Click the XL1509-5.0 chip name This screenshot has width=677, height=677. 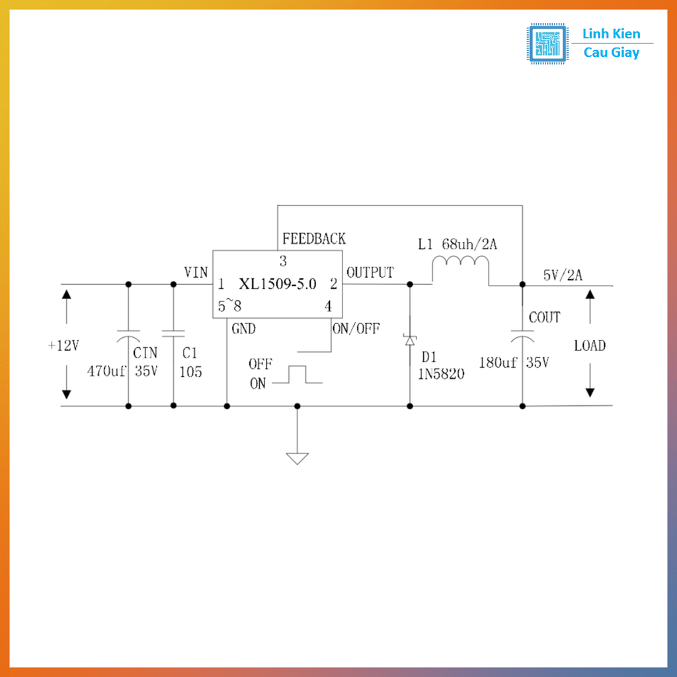click(278, 285)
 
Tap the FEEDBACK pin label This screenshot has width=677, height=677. click(313, 239)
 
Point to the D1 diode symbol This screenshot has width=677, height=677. click(410, 340)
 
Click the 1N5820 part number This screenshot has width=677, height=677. click(440, 374)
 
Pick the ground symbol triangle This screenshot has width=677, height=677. click(298, 458)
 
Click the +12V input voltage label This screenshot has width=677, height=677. click(63, 346)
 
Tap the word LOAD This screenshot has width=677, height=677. click(590, 346)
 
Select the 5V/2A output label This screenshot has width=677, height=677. click(563, 275)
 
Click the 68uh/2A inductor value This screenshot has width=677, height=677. click(469, 245)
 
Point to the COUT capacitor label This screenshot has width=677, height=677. click(544, 317)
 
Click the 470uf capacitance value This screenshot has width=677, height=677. click(106, 371)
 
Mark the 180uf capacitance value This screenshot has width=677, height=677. click(498, 363)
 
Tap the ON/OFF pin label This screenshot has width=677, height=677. click(356, 329)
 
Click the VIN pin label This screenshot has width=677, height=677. click(196, 272)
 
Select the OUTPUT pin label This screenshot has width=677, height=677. click(370, 272)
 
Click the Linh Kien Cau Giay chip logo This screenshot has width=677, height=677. click(547, 44)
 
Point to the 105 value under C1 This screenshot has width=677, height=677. click(190, 372)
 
